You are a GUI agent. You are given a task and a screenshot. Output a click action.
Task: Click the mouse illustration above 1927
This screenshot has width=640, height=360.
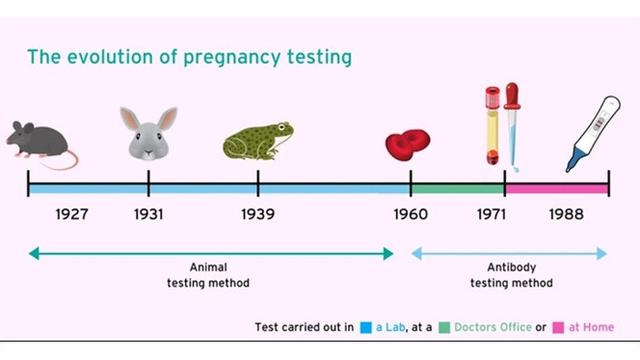[x=41, y=142]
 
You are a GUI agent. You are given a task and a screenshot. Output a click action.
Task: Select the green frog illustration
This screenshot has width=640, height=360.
[x=257, y=142]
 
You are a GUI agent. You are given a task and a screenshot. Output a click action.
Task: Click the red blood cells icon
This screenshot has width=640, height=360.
[x=408, y=145]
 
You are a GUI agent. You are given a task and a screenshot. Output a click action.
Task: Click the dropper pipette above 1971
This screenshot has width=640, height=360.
[x=512, y=120]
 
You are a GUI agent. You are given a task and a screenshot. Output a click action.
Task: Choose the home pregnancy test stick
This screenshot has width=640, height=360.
[x=594, y=133]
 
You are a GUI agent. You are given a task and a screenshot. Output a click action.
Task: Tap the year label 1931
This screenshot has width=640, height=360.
[x=148, y=215]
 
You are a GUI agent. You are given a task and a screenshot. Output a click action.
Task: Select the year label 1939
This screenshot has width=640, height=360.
[x=257, y=215]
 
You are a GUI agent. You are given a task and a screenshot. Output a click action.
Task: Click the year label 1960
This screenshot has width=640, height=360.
[x=410, y=215]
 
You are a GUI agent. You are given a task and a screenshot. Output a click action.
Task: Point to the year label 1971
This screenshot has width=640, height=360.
[x=490, y=215]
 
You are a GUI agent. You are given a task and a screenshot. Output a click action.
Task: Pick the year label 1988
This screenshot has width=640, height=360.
[x=566, y=215]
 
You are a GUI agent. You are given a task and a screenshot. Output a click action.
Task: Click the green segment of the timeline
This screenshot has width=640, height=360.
[x=457, y=187]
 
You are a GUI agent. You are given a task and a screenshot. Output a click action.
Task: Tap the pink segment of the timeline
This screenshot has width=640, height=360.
[x=556, y=187]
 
